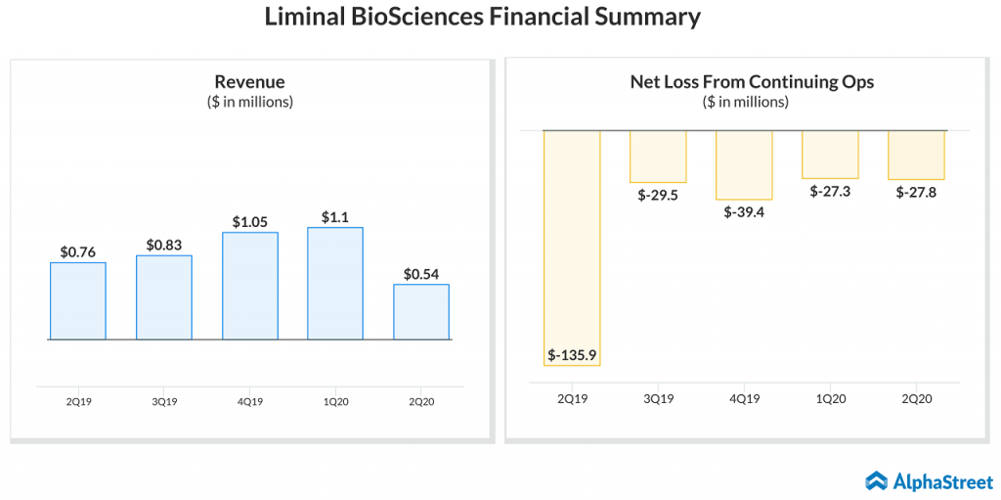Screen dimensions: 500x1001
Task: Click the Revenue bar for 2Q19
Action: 78,301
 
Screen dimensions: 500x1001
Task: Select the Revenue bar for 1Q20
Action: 335,284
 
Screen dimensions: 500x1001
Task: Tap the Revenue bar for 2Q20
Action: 421,312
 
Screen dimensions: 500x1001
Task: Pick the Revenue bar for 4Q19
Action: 250,286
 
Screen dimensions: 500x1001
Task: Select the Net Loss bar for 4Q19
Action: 744,164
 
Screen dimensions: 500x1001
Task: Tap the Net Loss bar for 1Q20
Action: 830,155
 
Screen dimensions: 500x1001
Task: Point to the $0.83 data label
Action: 164,245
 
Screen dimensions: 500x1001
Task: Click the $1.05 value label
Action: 250,221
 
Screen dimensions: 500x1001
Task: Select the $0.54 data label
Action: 421,273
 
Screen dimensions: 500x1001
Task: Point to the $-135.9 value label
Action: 572,354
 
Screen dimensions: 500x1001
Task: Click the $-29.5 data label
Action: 658,195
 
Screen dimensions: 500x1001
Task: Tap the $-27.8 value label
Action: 916,193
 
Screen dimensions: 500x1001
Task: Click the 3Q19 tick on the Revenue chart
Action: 164,401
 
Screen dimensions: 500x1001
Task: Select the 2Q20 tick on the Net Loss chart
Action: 916,398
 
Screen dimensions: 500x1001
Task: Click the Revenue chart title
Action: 249,81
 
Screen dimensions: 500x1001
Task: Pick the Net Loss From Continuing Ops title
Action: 752,81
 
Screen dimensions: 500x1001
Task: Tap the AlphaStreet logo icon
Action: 876,480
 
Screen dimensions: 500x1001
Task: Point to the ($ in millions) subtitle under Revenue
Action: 249,101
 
